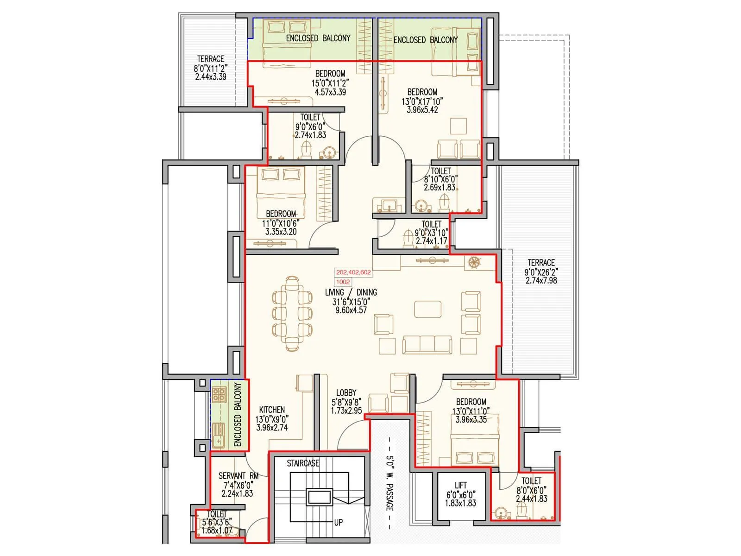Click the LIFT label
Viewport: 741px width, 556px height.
point(460,485)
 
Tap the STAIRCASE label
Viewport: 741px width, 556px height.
point(302,463)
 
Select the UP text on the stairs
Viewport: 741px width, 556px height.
point(339,522)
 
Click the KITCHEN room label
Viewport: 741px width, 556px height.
point(272,410)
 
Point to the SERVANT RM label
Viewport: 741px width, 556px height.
point(238,475)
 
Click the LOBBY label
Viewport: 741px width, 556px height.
point(346,392)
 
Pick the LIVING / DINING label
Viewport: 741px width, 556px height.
point(351,292)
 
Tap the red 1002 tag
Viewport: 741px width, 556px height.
point(343,282)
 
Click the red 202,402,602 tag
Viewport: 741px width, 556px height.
point(353,272)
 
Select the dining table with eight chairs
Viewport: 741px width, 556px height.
point(292,314)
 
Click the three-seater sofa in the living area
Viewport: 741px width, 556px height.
point(427,345)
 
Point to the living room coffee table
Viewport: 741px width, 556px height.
point(427,309)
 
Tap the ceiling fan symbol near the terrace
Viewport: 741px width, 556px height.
point(473,262)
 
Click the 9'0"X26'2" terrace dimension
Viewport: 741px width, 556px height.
point(541,272)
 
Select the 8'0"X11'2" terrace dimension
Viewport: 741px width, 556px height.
point(210,68)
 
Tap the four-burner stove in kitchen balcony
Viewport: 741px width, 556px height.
point(219,395)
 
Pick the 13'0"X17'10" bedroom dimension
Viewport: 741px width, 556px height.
point(422,101)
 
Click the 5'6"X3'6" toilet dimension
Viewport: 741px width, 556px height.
point(216,522)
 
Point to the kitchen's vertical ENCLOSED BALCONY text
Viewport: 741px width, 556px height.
point(238,415)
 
